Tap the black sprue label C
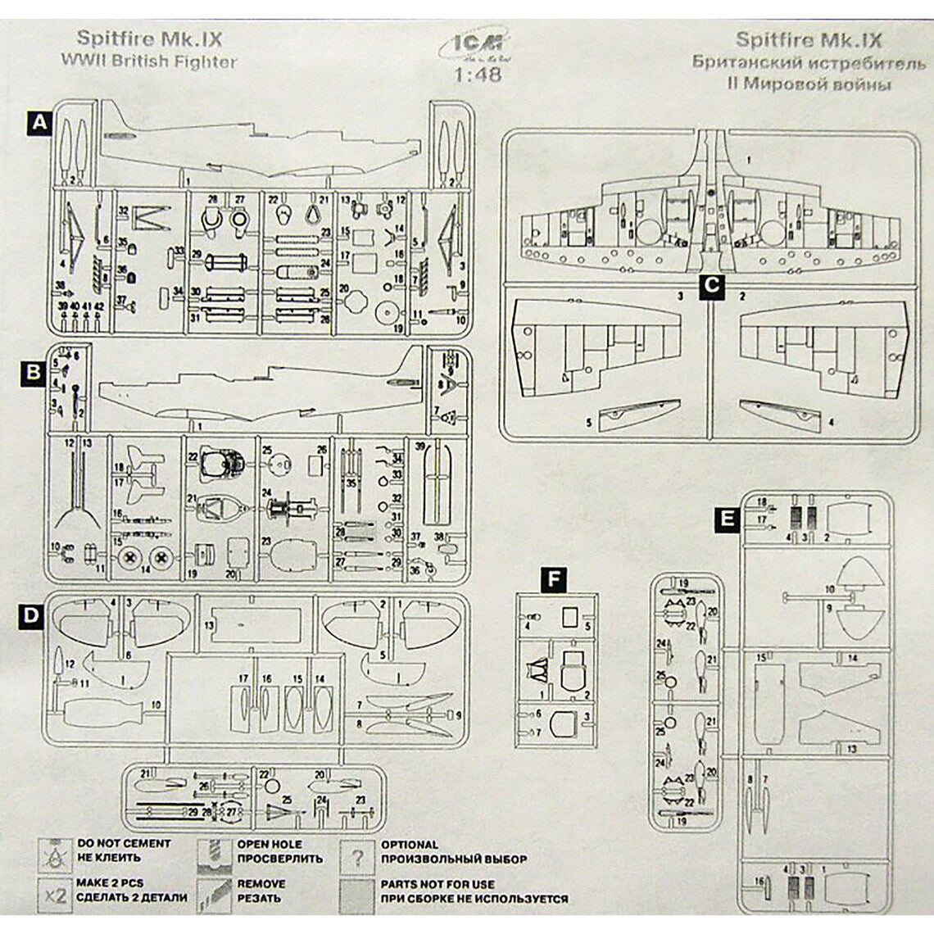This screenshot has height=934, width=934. [x=712, y=285]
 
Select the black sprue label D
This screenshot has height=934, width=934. [x=31, y=616]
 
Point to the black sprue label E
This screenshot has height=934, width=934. [x=726, y=519]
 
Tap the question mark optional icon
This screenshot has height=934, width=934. [x=357, y=858]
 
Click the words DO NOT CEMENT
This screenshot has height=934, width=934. [x=124, y=843]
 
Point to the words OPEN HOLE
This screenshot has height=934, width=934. [x=270, y=843]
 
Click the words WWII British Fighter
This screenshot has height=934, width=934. [x=149, y=61]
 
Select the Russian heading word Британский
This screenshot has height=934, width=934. [x=747, y=62]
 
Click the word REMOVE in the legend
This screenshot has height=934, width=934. [x=261, y=884]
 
